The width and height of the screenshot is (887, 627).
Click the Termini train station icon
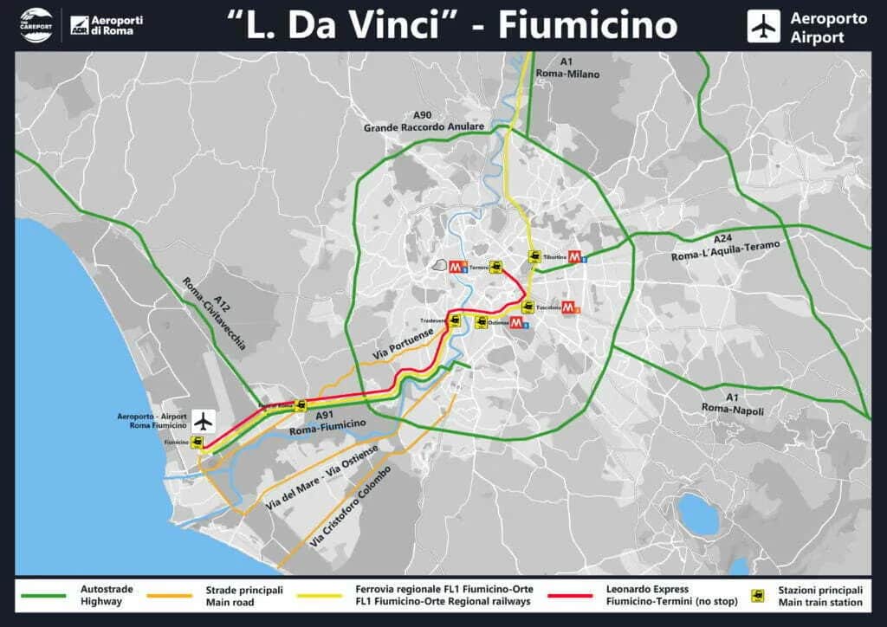click(x=496, y=267)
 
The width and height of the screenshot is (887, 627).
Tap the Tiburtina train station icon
click(x=535, y=256)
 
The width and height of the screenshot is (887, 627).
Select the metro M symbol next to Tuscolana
click(x=569, y=307)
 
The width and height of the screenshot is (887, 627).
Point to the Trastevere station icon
click(x=455, y=321)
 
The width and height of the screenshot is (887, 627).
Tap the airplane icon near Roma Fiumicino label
click(x=204, y=422)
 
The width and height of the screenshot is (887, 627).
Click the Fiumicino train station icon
click(x=198, y=443)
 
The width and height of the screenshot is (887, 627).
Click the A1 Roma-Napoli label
click(x=733, y=404)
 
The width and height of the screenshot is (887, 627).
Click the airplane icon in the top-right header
click(x=763, y=27)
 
